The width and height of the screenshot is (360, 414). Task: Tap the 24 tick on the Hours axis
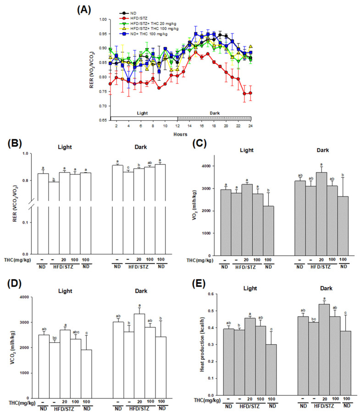coord(250,126)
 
